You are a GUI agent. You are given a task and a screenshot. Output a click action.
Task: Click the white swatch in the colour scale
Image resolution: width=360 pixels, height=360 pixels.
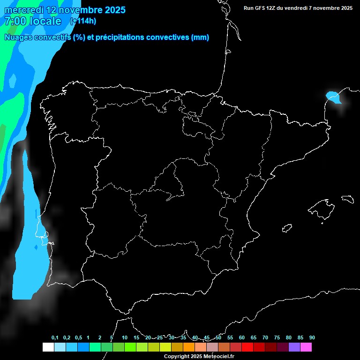click(x=48, y=347)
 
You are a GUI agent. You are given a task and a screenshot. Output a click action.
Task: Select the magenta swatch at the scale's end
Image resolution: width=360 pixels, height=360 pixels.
click(x=306, y=347)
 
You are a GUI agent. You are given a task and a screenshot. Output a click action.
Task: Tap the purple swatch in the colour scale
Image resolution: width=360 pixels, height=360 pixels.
click(x=294, y=347)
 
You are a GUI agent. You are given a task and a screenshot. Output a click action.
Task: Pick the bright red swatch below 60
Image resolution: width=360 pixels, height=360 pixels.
click(x=247, y=347)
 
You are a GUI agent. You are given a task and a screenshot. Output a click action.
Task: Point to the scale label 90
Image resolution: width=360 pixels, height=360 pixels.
click(x=312, y=337)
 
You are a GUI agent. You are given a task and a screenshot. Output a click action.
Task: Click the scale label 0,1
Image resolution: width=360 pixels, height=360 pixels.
click(x=55, y=337)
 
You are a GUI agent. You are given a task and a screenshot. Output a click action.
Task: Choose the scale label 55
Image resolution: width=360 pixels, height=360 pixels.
click(x=230, y=337)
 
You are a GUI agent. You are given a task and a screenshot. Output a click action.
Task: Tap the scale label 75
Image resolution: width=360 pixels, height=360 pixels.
click(x=277, y=337)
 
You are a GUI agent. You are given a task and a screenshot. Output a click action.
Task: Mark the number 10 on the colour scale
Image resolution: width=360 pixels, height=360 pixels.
click(x=125, y=337)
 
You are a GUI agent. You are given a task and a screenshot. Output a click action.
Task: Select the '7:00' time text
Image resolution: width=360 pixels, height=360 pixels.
click(x=15, y=21)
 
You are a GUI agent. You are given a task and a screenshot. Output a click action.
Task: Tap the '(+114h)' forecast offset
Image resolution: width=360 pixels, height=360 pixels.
click(x=83, y=21)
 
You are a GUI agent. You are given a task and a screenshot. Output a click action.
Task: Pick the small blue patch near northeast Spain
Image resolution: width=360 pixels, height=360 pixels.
click(x=333, y=97)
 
